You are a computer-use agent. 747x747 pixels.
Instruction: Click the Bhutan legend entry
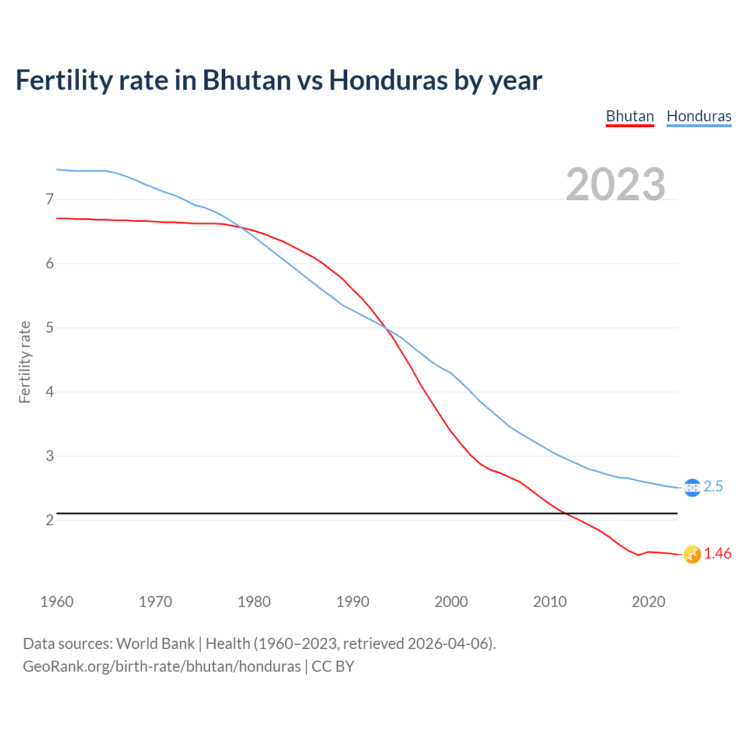630,116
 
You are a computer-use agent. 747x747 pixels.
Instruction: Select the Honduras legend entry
699,116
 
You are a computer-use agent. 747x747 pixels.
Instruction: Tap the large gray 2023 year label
616,184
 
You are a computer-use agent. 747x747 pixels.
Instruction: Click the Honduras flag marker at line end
692,487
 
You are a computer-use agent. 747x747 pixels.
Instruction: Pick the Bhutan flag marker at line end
692,554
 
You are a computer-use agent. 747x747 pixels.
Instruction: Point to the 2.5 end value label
713,487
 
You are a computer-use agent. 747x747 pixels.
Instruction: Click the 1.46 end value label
717,554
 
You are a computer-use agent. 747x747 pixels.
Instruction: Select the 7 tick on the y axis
50,200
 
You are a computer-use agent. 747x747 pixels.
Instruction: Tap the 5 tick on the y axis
50,328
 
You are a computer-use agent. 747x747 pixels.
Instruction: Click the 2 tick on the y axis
50,520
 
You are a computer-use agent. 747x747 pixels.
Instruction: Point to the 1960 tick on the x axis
57,602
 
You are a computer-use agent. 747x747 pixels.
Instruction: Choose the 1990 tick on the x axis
352,602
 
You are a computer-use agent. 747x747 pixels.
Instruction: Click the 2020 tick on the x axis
648,602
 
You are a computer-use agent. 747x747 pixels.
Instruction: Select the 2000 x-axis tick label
451,602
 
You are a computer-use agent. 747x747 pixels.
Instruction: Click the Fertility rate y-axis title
25,362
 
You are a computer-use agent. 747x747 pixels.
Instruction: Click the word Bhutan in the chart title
246,80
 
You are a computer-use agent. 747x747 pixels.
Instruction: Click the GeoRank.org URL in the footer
162,666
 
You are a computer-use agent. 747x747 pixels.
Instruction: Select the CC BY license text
333,666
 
